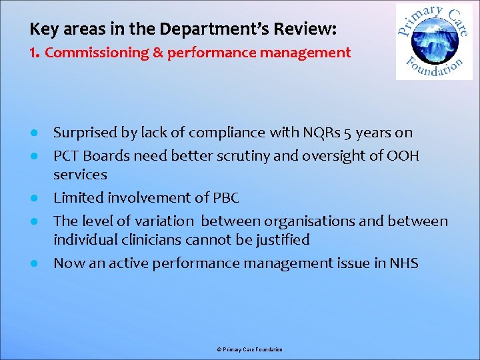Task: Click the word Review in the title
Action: tap(307, 29)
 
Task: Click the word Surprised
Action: tap(86, 133)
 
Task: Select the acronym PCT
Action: tap(67, 155)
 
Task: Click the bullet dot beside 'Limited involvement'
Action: tap(33, 199)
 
